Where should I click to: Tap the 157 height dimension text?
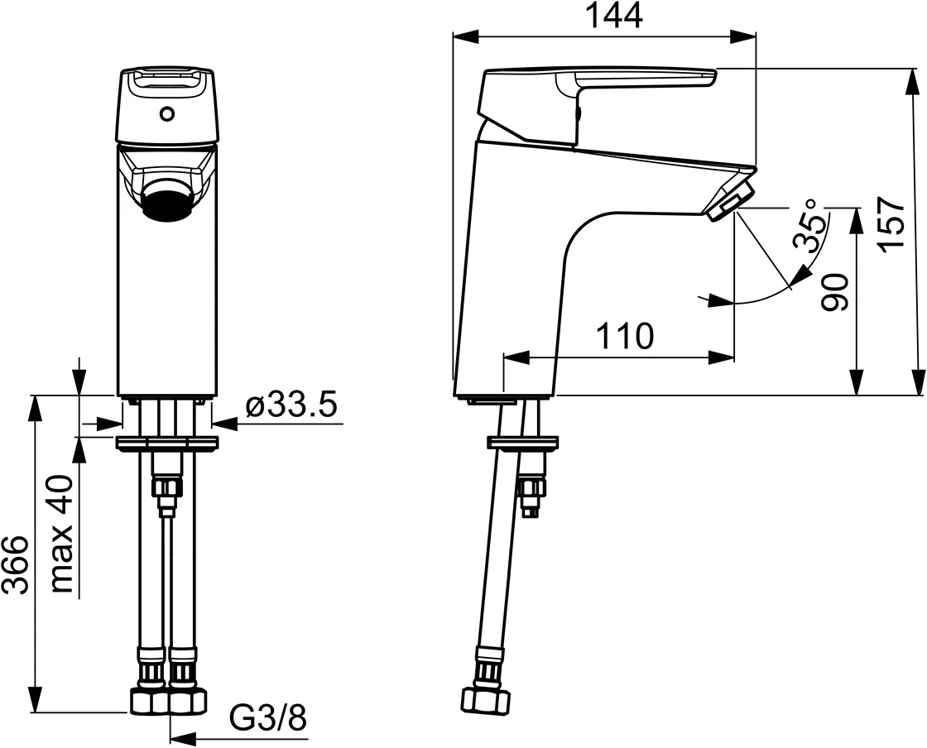[892, 225]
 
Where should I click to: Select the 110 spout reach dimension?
[624, 337]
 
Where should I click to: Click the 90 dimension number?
[835, 292]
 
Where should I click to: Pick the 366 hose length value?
[16, 565]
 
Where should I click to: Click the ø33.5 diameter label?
[291, 406]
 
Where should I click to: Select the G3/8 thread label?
[268, 718]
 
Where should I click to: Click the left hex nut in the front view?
[148, 702]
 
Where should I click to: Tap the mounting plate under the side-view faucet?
[522, 444]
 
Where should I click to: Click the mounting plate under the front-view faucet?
[168, 444]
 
